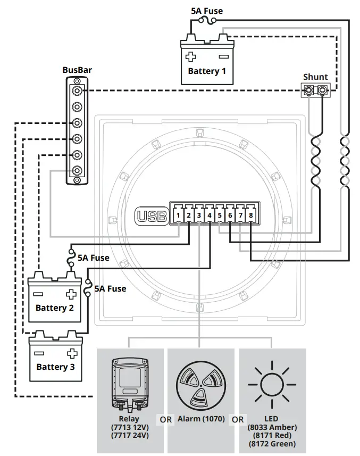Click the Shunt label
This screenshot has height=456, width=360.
pos(315,77)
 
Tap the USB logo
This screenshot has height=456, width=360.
pos(152,217)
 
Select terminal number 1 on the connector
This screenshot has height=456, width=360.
pos(179,215)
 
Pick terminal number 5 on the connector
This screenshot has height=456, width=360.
pos(220,215)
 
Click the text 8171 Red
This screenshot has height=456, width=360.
pos(272,436)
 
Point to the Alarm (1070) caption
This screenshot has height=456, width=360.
pos(201,419)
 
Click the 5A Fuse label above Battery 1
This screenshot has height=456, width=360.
pos(207,11)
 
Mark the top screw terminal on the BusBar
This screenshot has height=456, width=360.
pos(78,81)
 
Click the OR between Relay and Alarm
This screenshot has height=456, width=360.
pos(166,419)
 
